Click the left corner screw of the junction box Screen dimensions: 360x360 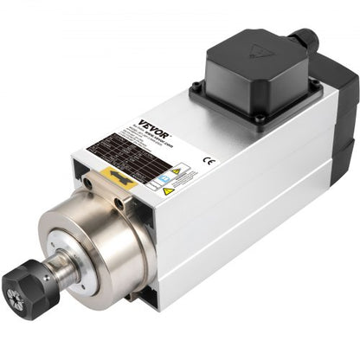[197, 86]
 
